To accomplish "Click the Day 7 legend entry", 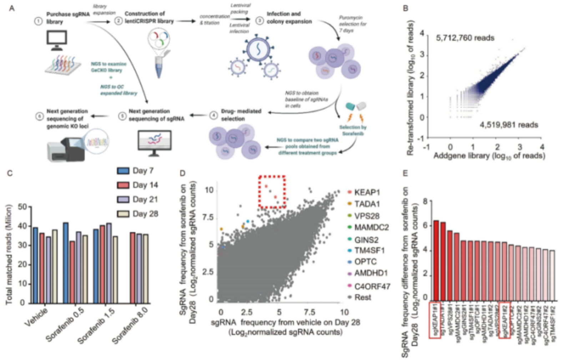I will (136, 171).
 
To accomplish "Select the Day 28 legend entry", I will (137, 214).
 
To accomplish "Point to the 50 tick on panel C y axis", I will (22, 207).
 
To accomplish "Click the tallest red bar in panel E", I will (436, 260).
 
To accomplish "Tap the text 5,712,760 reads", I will (465, 38).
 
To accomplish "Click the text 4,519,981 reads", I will (509, 125).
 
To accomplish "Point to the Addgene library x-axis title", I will (489, 156).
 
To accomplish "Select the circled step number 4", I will (213, 115).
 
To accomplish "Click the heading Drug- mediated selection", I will (241, 115).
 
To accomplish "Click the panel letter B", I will (405, 8).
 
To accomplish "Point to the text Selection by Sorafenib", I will (353, 130).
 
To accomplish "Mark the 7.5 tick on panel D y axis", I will (208, 217).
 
